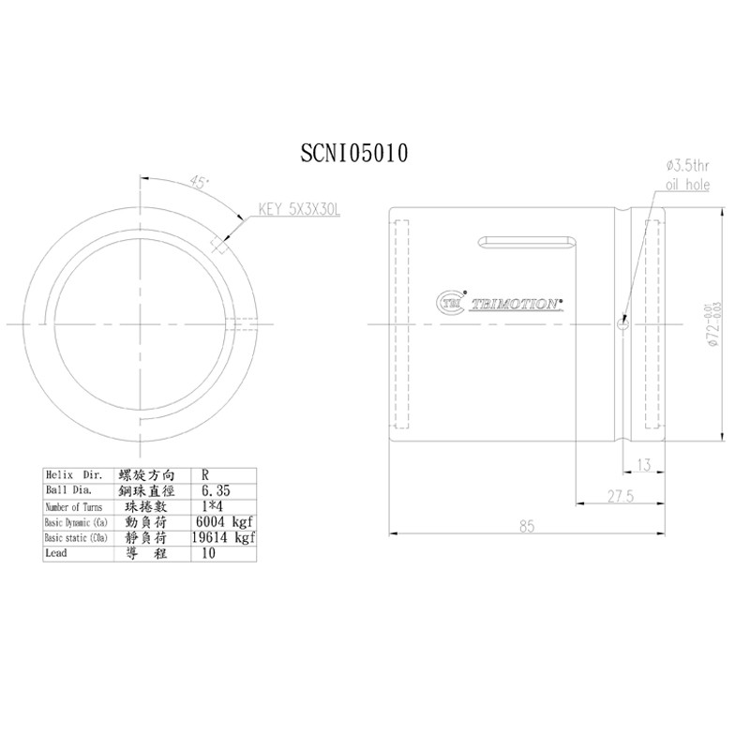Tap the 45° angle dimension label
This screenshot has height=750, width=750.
coord(198,182)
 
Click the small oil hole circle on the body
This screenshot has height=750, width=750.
coord(622,326)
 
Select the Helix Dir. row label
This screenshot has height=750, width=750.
coord(73,475)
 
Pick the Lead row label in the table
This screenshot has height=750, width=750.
coord(58,553)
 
